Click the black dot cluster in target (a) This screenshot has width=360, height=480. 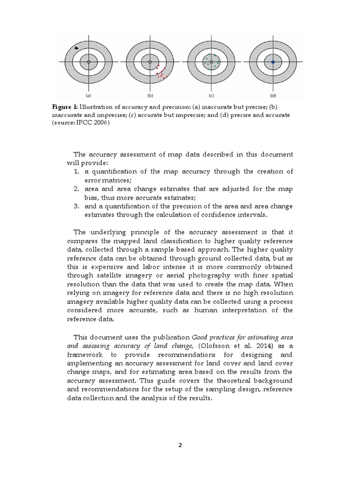pyautogui.click(x=77, y=48)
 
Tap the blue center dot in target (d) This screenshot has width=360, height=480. pyautogui.click(x=273, y=62)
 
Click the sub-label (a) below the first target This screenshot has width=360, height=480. pyautogui.click(x=89, y=94)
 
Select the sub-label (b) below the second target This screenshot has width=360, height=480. pyautogui.click(x=150, y=94)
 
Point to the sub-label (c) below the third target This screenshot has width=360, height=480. pyautogui.click(x=211, y=94)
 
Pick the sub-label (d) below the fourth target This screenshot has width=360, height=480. pyautogui.click(x=273, y=94)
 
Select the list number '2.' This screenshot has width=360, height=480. pyautogui.click(x=76, y=189)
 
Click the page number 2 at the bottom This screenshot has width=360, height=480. pyautogui.click(x=180, y=445)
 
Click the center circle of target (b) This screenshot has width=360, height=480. pyautogui.click(x=150, y=62)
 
